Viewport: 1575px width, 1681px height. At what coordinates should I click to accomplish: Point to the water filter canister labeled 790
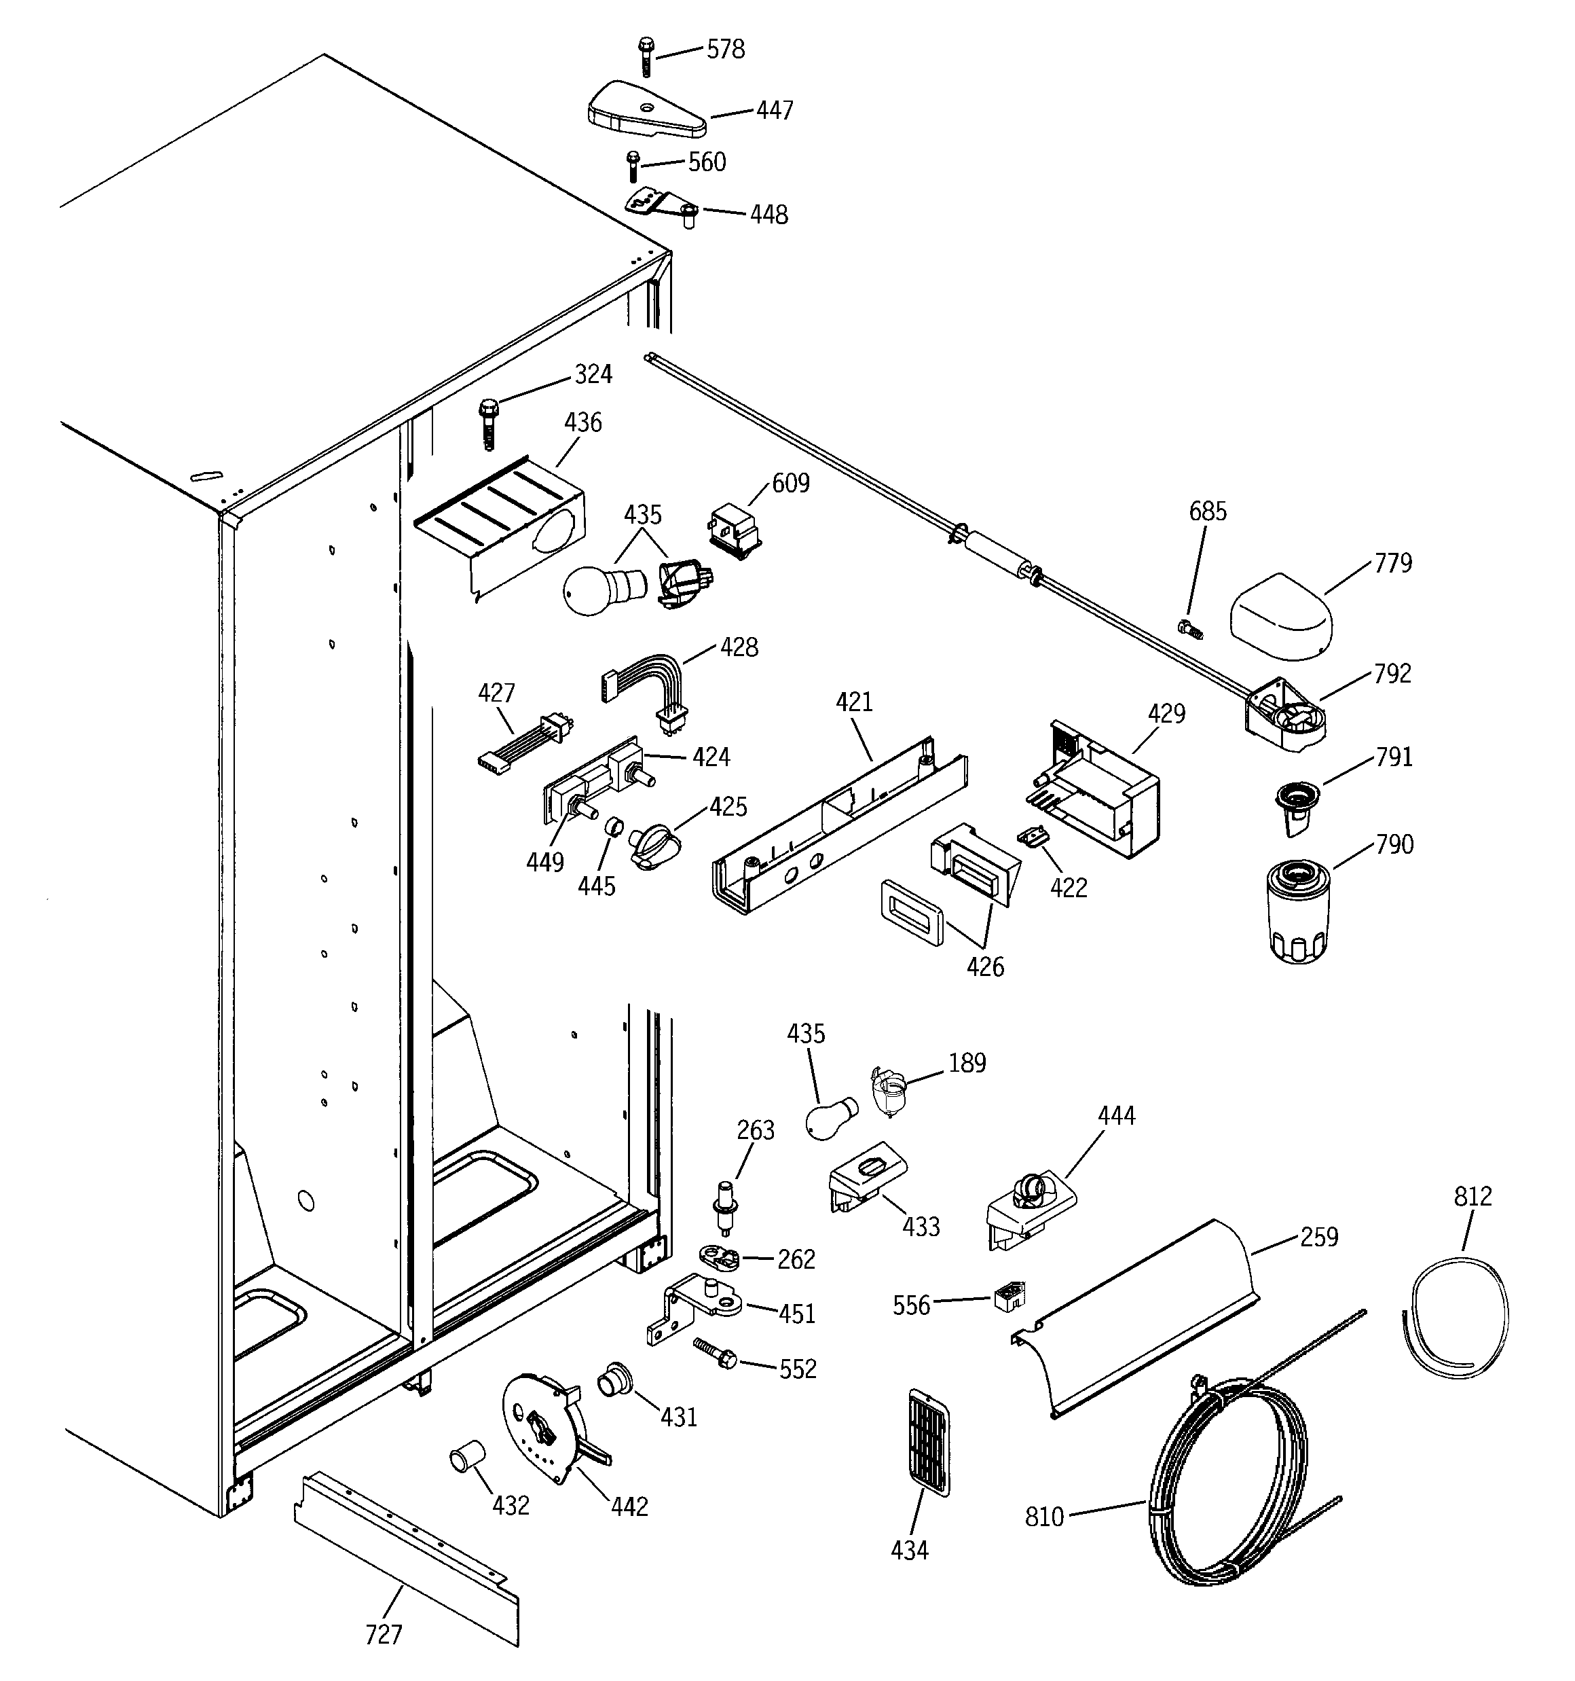click(1299, 911)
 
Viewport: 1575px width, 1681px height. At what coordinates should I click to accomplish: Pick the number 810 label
click(1044, 1517)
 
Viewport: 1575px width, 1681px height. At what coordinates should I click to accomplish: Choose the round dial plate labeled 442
click(541, 1429)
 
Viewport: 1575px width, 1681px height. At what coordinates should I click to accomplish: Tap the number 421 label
click(854, 702)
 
